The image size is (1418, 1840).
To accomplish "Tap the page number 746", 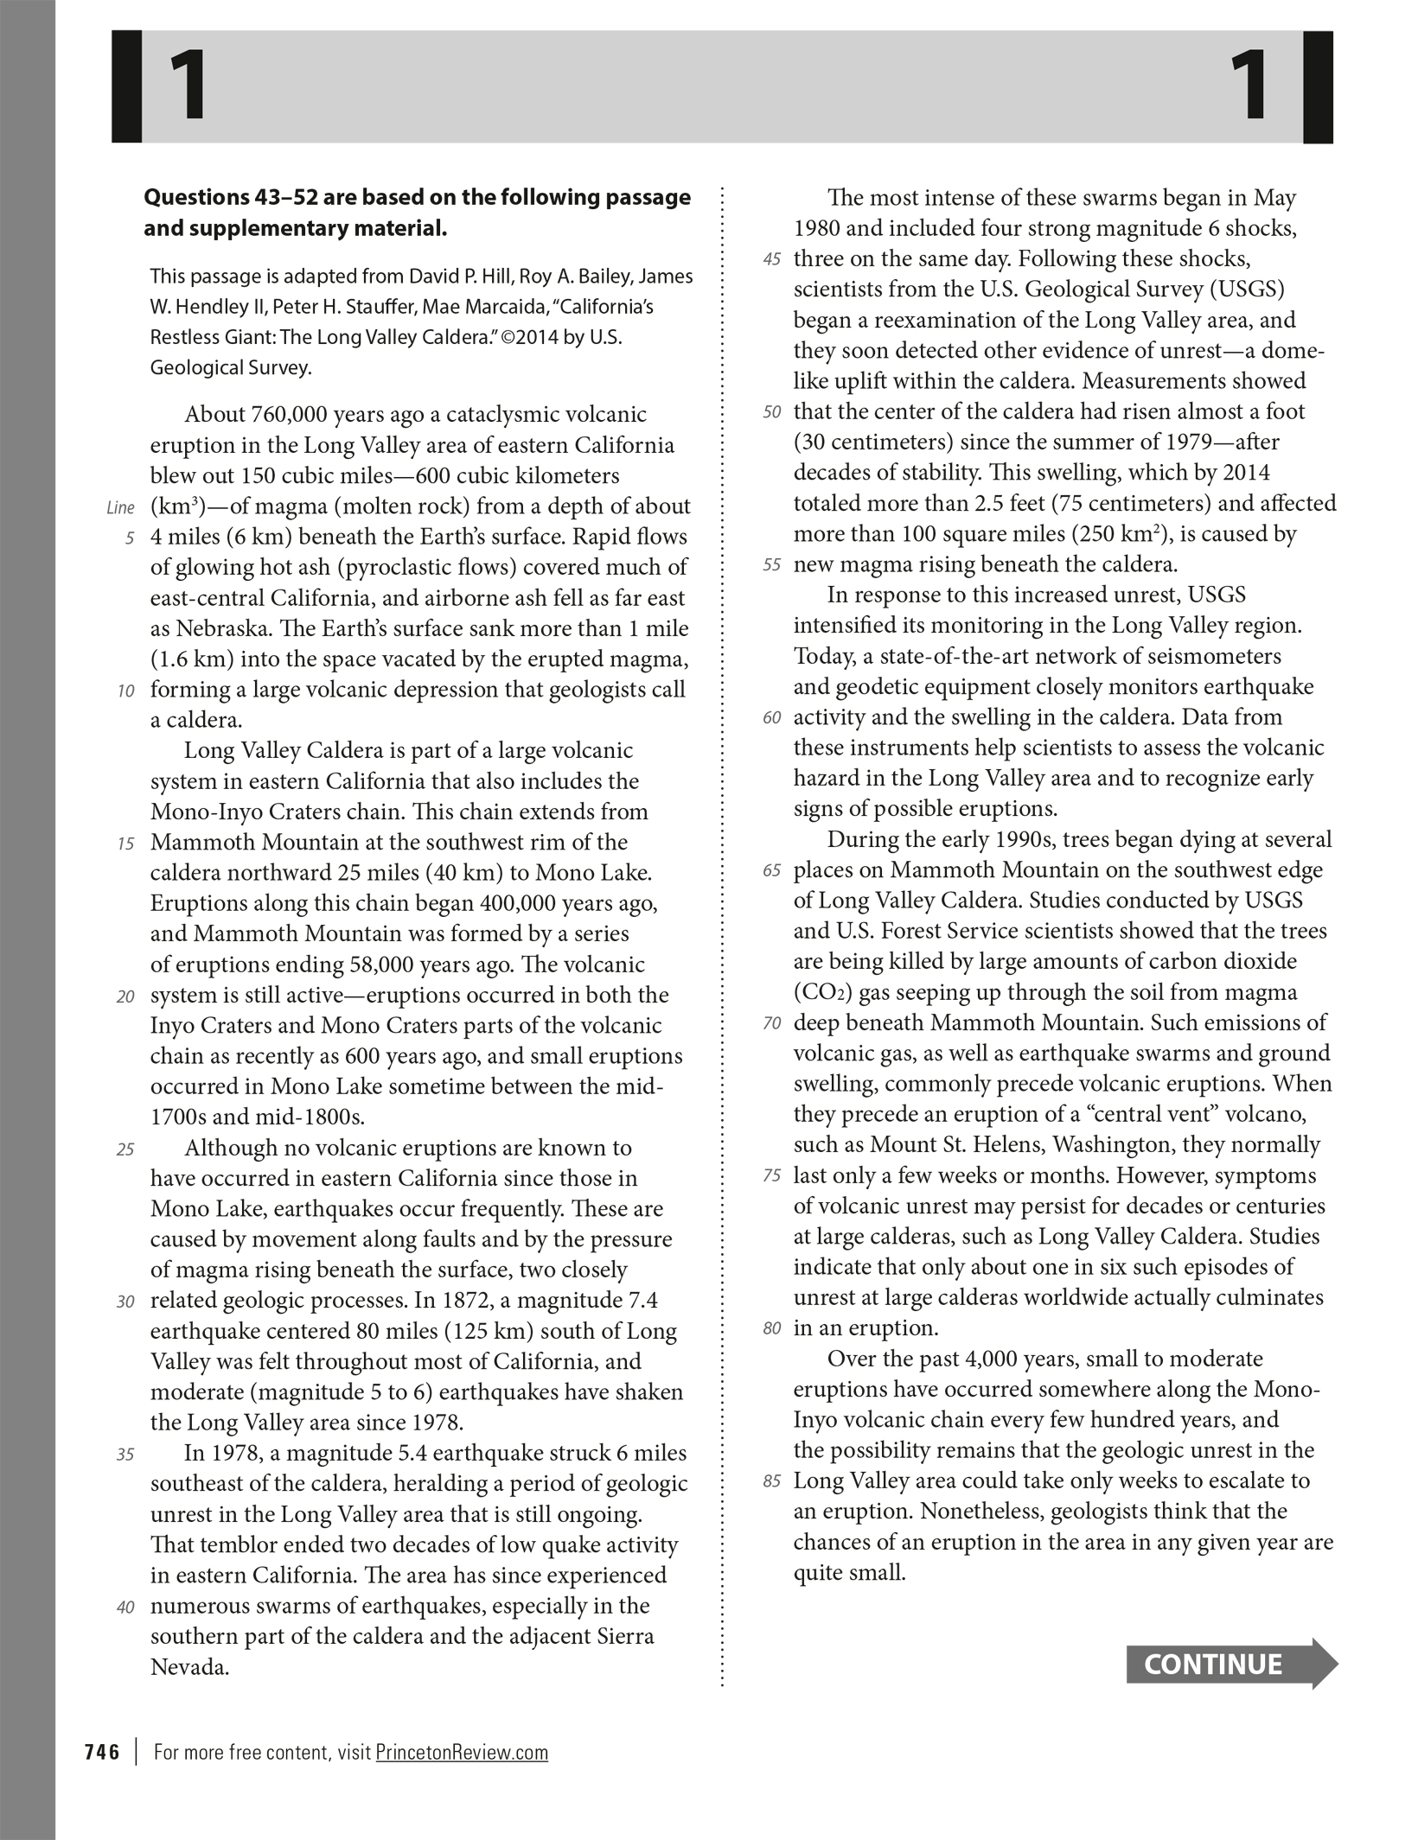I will click(102, 1752).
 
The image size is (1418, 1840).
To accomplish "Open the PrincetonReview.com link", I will click(462, 1752).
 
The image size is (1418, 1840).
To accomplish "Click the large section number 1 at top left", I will click(188, 86).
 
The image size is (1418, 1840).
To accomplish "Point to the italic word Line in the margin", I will click(120, 507).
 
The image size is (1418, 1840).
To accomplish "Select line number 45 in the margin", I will click(772, 259).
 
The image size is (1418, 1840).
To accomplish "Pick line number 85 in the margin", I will click(772, 1481).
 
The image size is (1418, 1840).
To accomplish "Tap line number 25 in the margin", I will click(125, 1149).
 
